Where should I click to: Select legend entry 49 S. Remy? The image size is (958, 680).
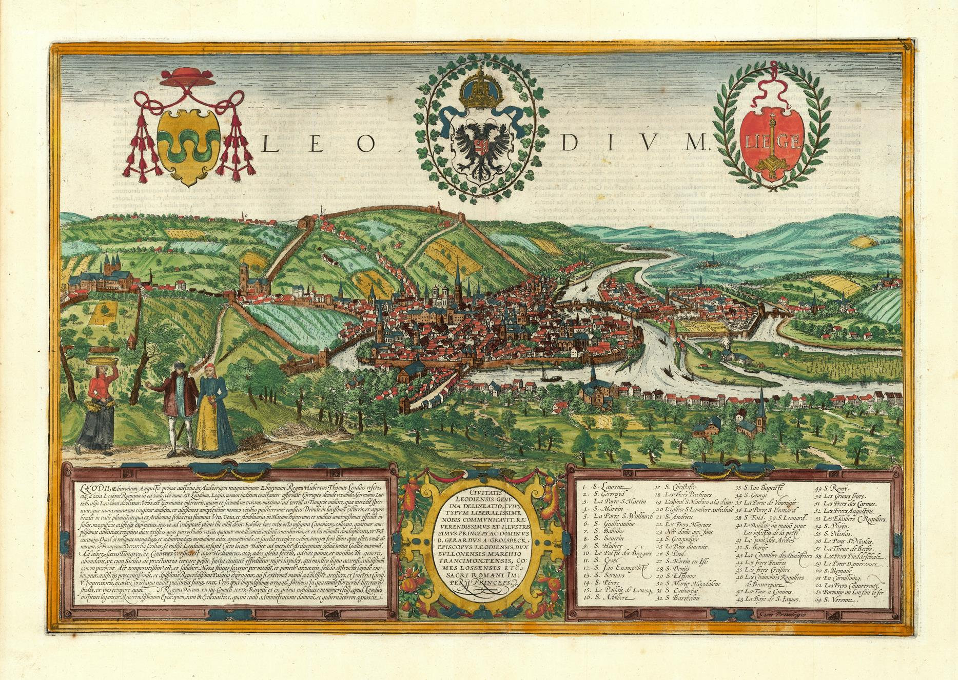pos(829,486)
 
